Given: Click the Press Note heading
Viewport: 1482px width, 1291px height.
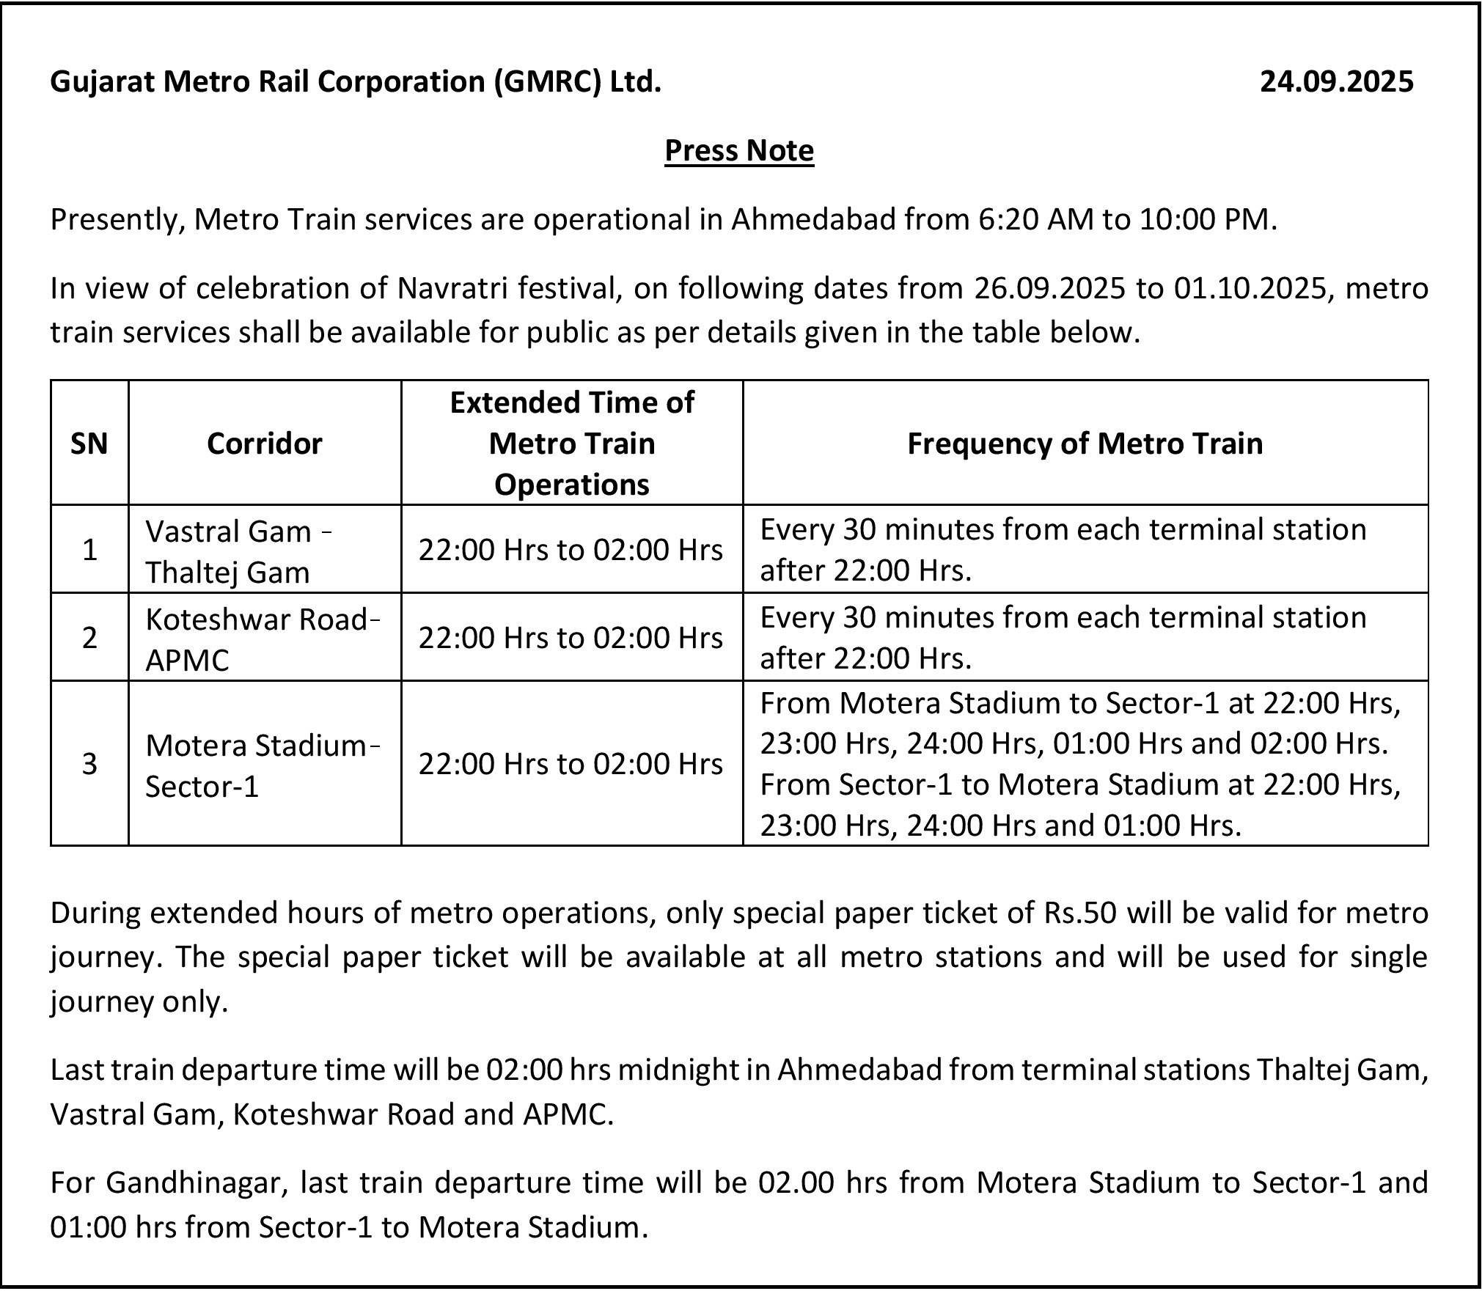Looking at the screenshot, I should [739, 151].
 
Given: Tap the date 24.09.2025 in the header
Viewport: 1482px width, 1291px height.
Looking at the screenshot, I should [1336, 81].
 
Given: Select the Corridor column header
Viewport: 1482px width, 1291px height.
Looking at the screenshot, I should [264, 444].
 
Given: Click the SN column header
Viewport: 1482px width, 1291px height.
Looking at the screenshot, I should [89, 444].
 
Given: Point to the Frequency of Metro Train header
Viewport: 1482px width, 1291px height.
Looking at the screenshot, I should [1085, 444].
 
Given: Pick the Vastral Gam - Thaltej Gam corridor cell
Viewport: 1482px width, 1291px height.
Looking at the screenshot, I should [238, 551].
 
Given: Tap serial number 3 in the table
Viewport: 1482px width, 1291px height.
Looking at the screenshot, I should [89, 765].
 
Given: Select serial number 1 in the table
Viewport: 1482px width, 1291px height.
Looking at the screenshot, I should [89, 550].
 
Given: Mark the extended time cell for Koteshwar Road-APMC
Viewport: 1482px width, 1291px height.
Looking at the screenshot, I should [571, 639].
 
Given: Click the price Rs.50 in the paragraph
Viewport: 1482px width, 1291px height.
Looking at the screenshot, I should [1079, 913].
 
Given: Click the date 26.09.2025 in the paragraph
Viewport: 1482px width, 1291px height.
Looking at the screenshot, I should [1049, 289].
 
